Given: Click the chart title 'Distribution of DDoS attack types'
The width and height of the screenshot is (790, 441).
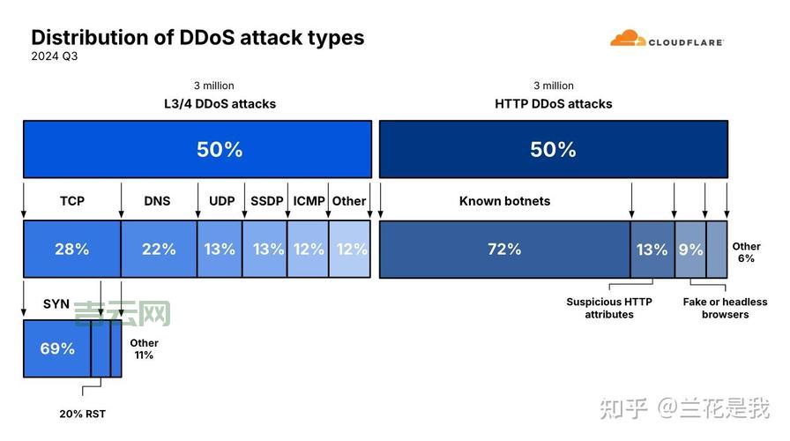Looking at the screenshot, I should coord(197,37).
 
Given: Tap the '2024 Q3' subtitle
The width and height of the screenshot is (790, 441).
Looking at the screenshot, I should coord(55,56).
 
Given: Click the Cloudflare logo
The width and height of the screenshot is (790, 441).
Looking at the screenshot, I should coord(667,40).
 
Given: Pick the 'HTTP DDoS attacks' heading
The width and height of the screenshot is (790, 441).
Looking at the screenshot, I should coord(553,103).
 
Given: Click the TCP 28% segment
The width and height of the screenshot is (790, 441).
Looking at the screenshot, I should coord(71,250).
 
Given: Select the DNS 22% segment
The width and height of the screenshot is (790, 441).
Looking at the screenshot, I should coord(159,250).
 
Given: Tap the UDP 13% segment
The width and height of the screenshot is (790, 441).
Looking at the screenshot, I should coord(220,250).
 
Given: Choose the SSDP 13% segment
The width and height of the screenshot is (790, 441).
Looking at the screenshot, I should coord(265,250).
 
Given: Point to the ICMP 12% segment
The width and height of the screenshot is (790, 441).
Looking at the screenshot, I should coord(308,250).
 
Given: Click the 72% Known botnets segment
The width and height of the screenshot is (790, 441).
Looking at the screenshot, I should coord(504,250).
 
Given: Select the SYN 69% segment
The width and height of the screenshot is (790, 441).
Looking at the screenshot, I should coord(57,348).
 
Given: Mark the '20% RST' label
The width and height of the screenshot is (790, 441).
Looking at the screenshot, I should coord(83,414).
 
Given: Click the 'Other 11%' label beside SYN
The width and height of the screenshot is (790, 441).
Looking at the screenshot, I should coord(144,348).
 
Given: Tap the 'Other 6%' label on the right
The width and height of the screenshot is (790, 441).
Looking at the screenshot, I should coord(746,252).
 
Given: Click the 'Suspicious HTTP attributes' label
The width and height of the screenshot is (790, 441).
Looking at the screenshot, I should coord(609,308).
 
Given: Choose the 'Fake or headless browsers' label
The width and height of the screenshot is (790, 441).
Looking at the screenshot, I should coord(725,308).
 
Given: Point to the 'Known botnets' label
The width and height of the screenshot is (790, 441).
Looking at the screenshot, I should coord(504,201).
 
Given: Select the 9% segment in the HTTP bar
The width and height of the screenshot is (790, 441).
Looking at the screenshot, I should coord(690,250).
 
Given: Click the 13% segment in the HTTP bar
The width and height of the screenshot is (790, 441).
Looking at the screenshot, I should coord(652,250).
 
